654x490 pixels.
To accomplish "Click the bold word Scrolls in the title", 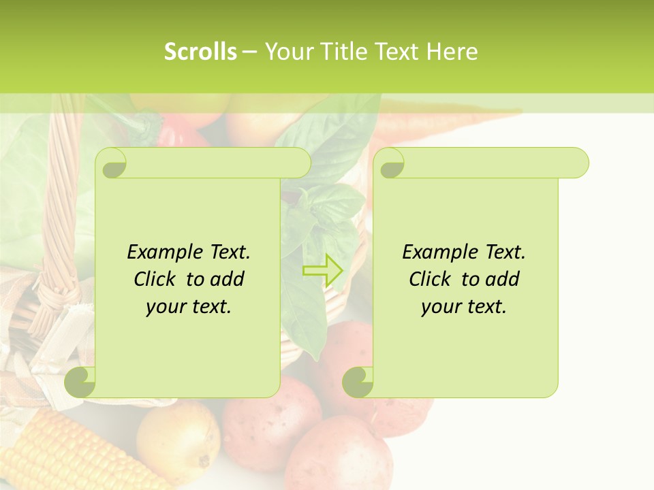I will tap(200, 52).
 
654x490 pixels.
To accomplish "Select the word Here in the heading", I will tap(452, 52).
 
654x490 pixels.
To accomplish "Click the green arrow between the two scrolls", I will tap(322, 271).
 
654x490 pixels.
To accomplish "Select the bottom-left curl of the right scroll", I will tap(358, 382).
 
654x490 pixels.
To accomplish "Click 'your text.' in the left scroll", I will tap(189, 307).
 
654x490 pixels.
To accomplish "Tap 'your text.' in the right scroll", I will tap(464, 307).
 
